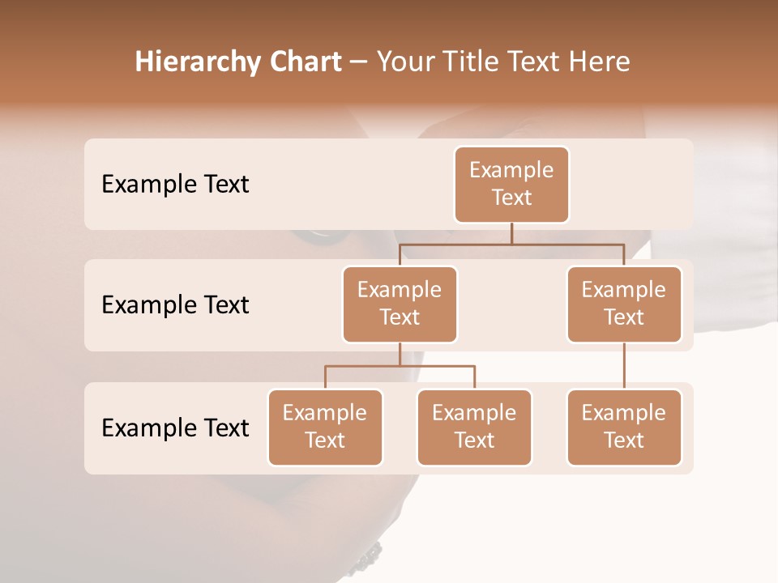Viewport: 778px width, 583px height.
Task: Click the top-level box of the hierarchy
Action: pyautogui.click(x=511, y=184)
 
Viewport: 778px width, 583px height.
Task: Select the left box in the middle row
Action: pyautogui.click(x=400, y=304)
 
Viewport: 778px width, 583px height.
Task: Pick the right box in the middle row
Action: pyautogui.click(x=624, y=304)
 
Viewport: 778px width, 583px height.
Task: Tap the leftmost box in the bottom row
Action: pyautogui.click(x=325, y=427)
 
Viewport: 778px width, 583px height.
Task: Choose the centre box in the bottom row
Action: pyautogui.click(x=474, y=427)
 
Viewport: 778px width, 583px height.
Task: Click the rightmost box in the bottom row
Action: pyautogui.click(x=624, y=427)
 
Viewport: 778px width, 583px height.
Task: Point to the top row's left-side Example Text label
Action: pyautogui.click(x=175, y=185)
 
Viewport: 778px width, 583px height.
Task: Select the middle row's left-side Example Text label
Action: pyautogui.click(x=175, y=305)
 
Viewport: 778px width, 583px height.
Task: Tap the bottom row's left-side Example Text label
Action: pyautogui.click(x=175, y=428)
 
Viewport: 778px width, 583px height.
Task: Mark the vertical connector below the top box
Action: pyautogui.click(x=511, y=233)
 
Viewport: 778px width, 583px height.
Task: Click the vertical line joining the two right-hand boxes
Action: pyautogui.click(x=624, y=366)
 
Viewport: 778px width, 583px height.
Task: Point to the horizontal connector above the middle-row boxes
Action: pyautogui.click(x=511, y=244)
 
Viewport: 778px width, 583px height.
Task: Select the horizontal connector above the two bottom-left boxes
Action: pyautogui.click(x=400, y=366)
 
